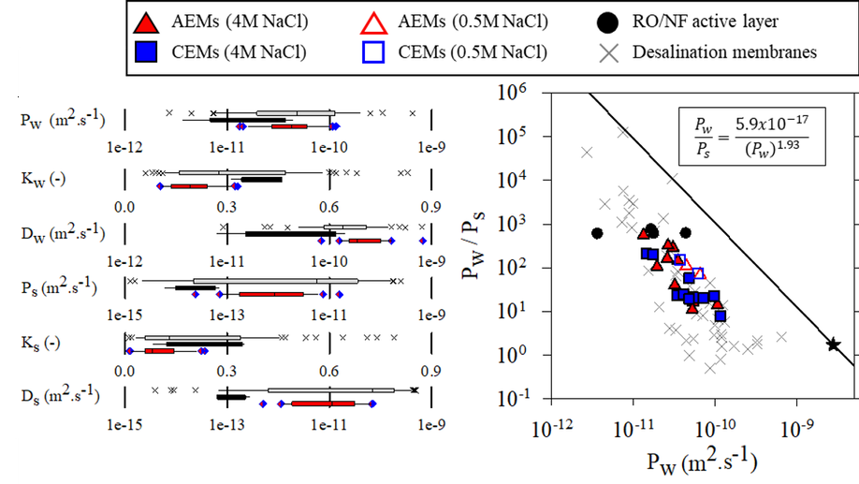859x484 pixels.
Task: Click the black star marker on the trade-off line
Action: click(x=833, y=345)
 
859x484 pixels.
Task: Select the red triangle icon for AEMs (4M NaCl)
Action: click(x=146, y=22)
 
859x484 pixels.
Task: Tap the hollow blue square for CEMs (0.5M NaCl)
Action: click(x=373, y=52)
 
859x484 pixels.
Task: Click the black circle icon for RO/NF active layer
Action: click(x=607, y=22)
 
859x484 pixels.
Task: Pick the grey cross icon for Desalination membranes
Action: click(x=608, y=52)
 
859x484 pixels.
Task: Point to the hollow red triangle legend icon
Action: click(x=373, y=22)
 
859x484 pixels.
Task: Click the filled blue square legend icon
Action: click(x=146, y=52)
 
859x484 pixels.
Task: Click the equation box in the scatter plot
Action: click(x=751, y=136)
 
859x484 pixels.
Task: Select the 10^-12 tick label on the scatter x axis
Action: click(x=552, y=429)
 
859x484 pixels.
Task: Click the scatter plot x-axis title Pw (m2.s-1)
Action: click(x=702, y=462)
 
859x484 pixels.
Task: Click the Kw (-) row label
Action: click(x=43, y=179)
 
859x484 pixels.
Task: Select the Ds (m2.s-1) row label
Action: click(x=60, y=395)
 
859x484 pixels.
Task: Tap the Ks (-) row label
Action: click(x=40, y=344)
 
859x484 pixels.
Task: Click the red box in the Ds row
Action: click(x=323, y=403)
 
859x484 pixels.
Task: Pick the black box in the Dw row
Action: click(x=290, y=234)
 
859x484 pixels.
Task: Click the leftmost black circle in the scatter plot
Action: click(x=597, y=233)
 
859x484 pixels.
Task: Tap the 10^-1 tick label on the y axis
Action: click(x=513, y=398)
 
